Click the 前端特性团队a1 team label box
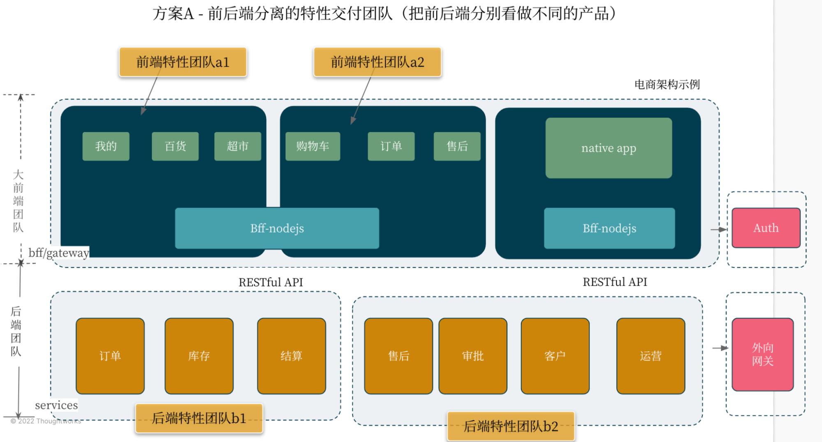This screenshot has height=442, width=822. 183,62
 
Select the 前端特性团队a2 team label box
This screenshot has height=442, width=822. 377,62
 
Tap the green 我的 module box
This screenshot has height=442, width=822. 106,146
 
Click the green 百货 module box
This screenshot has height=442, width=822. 175,146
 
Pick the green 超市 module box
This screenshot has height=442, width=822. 237,146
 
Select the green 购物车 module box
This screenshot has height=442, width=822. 313,146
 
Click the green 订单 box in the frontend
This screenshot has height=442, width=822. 391,146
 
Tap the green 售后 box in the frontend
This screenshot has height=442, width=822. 457,146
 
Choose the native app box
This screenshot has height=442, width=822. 609,148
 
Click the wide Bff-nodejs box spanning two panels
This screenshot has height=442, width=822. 277,228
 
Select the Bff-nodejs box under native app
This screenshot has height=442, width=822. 609,228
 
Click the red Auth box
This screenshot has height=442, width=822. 766,228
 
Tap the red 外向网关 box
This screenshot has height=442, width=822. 762,354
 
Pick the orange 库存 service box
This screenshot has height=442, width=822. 199,356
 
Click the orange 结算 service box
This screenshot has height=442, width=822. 291,356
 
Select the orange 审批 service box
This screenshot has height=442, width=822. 472,356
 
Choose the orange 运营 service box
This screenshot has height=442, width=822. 651,356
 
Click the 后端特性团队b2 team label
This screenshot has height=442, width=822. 511,426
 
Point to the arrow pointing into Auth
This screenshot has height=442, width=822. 719,229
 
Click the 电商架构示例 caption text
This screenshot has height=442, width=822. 667,85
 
